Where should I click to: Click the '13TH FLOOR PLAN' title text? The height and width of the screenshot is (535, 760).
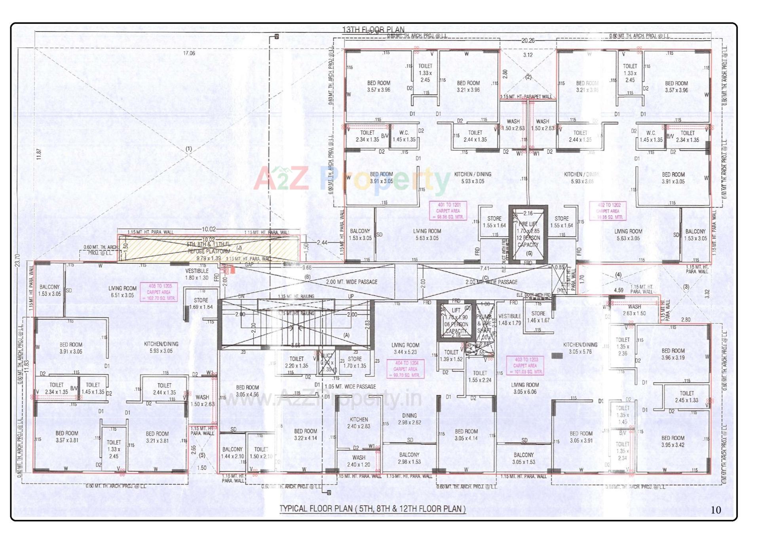[x=373, y=30]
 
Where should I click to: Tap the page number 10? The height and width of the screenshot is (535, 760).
[x=716, y=510]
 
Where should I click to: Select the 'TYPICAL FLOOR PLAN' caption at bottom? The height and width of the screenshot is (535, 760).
[x=372, y=508]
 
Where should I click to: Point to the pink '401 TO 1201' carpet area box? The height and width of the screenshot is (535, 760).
[x=448, y=211]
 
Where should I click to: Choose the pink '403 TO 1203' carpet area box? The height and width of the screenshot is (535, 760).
[x=526, y=365]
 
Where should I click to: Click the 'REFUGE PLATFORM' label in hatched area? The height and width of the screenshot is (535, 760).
[x=209, y=251]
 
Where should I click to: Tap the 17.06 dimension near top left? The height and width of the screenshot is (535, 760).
[x=189, y=53]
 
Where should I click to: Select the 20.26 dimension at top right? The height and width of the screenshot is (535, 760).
[x=528, y=40]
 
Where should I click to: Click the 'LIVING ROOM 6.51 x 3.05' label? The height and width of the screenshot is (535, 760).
[x=122, y=292]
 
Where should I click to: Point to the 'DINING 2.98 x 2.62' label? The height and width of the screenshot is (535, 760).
[x=409, y=419]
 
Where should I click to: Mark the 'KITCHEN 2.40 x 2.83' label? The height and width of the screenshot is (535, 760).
[x=359, y=423]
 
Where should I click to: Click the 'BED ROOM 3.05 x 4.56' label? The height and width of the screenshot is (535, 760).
[x=247, y=391]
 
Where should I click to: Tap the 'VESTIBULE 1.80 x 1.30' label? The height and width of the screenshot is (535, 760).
[x=197, y=274]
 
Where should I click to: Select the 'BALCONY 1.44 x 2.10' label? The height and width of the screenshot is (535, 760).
[x=232, y=453]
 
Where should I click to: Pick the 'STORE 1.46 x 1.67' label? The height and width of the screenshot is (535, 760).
[x=538, y=317]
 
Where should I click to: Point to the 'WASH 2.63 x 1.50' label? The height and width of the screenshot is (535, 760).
[x=634, y=310]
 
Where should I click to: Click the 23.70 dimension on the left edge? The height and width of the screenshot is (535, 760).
[x=17, y=260]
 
